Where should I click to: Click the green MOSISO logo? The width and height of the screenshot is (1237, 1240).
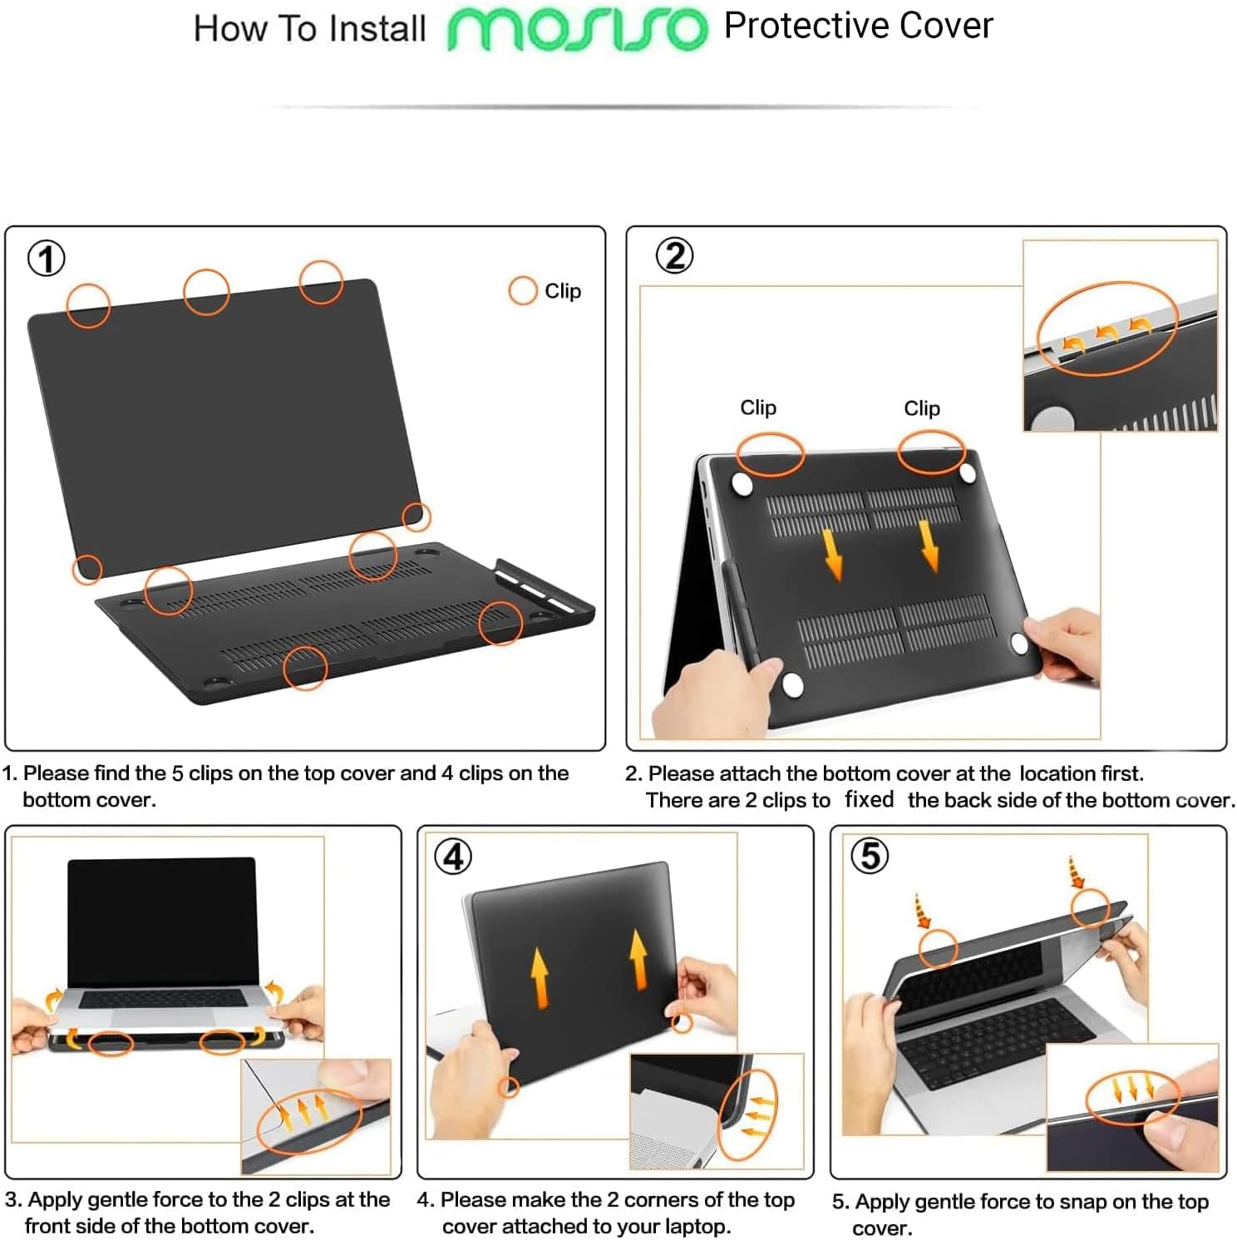pyautogui.click(x=577, y=30)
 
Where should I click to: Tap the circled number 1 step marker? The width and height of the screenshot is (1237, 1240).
pyautogui.click(x=47, y=258)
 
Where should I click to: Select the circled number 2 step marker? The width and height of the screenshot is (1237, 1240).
pyautogui.click(x=674, y=255)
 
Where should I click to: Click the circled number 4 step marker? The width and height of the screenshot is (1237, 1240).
pyautogui.click(x=453, y=857)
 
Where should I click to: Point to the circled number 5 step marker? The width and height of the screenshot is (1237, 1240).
pyautogui.click(x=870, y=855)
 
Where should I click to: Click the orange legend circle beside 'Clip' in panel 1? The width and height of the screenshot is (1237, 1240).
pyautogui.click(x=522, y=291)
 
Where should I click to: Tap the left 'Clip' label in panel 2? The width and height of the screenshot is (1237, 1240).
pyautogui.click(x=758, y=408)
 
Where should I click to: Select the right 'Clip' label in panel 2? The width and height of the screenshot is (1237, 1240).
pyautogui.click(x=922, y=408)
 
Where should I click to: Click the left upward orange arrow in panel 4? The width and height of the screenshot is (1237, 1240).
pyautogui.click(x=540, y=977)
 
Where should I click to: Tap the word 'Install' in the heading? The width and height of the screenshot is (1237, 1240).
pyautogui.click(x=377, y=29)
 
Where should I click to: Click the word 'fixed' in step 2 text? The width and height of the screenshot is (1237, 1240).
pyautogui.click(x=869, y=799)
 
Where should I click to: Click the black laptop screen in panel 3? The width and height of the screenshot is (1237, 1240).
pyautogui.click(x=162, y=921)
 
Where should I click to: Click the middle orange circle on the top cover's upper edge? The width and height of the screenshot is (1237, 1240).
pyautogui.click(x=206, y=292)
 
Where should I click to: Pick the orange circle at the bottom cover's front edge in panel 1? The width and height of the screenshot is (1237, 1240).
pyautogui.click(x=305, y=668)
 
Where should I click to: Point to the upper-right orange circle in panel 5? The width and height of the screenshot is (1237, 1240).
pyautogui.click(x=1090, y=907)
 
